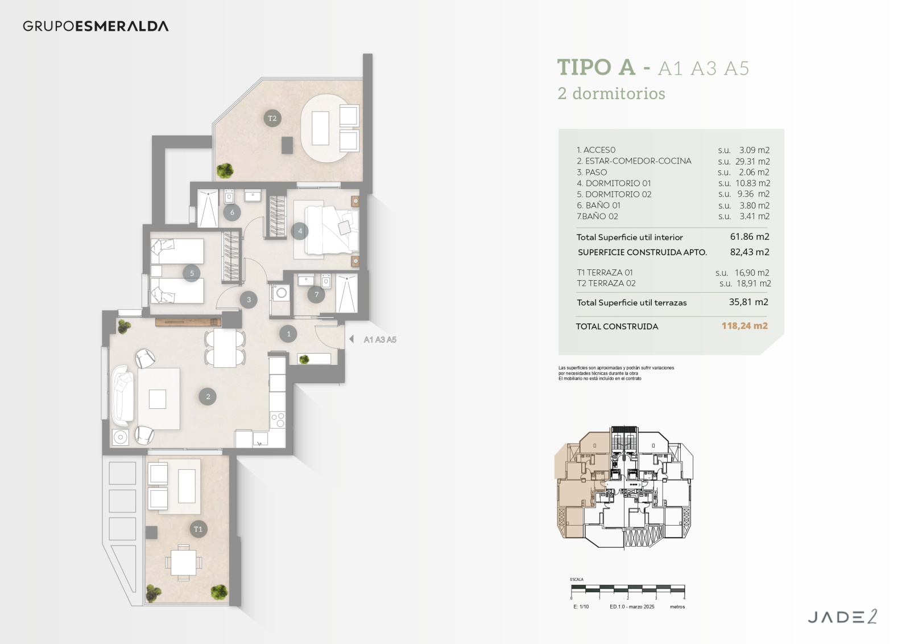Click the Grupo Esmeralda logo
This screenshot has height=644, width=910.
point(96,26)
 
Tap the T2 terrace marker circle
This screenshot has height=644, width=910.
point(272,118)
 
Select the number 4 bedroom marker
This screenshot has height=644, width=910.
point(300,231)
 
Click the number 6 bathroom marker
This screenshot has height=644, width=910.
point(232,212)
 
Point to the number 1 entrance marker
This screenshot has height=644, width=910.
point(288,334)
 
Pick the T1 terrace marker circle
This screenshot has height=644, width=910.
point(198,530)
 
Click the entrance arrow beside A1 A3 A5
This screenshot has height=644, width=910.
point(352,339)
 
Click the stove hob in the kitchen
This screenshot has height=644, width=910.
point(278,420)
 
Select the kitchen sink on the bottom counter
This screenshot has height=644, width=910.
point(260,438)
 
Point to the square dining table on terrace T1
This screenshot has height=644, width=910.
point(184,562)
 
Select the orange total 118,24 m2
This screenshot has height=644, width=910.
point(744,326)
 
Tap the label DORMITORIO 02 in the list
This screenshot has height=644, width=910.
point(618,195)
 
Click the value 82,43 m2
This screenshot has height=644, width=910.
point(750,252)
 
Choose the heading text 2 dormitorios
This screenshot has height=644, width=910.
point(611,93)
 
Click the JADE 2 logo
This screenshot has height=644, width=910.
point(842,617)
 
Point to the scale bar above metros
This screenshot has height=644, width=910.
point(628,588)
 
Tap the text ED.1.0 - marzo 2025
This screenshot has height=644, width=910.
point(632,606)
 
